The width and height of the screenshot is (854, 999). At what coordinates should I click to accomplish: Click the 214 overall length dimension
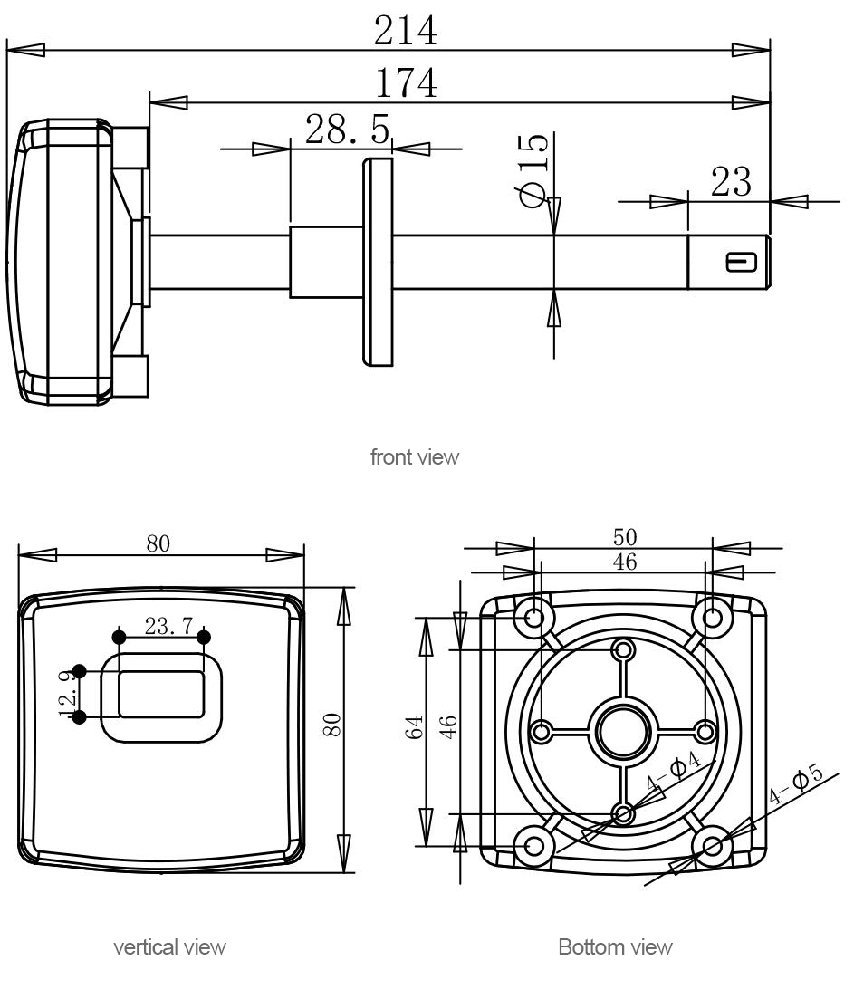[x=406, y=33]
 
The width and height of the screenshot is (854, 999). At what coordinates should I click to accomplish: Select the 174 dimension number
[x=406, y=84]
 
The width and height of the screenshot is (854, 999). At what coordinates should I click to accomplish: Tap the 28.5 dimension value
[x=348, y=130]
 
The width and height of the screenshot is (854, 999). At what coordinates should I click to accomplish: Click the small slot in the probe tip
[x=741, y=263]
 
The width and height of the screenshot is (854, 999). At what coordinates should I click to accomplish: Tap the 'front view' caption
[x=415, y=457]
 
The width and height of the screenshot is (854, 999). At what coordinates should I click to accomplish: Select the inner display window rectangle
[x=161, y=694]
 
